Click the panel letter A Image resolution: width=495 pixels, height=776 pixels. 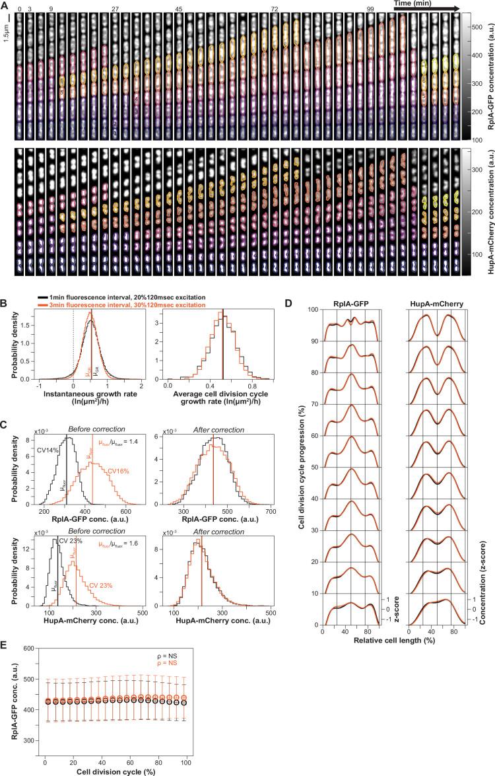[x=5, y=5]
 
